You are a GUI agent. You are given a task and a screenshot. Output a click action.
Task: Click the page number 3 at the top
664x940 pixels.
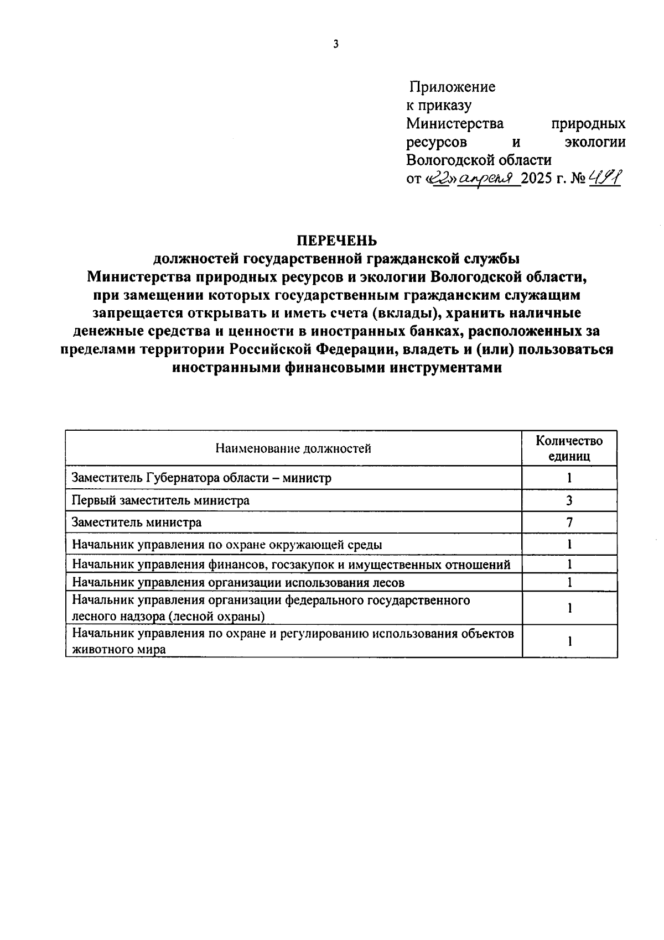[x=336, y=45]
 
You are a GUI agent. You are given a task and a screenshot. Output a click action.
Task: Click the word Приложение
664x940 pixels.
[x=452, y=87]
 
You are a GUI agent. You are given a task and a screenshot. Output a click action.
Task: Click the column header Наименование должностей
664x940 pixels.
[x=293, y=448]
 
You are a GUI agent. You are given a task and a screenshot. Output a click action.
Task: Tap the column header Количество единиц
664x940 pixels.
[x=569, y=448]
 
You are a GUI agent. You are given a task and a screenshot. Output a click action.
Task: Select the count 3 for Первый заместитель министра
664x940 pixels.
[x=569, y=500]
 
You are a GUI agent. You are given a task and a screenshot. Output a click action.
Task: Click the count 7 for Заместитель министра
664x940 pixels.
[x=569, y=523]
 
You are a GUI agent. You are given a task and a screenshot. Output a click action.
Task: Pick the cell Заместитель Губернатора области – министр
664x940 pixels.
[x=202, y=478]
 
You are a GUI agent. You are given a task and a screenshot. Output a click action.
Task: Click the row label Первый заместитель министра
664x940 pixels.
[x=161, y=500]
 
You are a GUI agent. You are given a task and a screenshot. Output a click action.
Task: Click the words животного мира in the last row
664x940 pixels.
[x=119, y=650]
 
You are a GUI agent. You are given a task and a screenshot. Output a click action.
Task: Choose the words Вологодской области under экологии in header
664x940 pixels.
[x=479, y=160]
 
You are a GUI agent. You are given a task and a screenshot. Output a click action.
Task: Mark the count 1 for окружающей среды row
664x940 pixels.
[x=569, y=544]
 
